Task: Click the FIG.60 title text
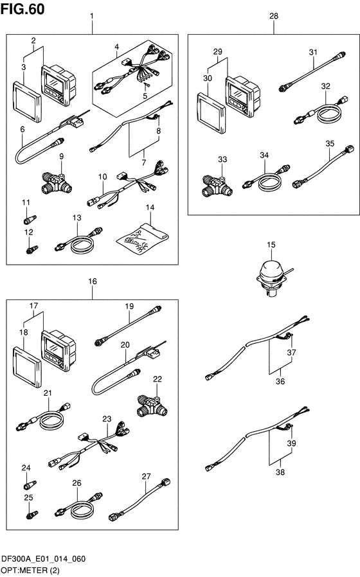(x=23, y=9)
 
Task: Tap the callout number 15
(x=271, y=245)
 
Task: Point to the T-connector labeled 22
(x=152, y=406)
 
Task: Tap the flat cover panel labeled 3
(x=27, y=102)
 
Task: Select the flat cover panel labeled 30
(x=212, y=113)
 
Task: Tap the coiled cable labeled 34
(x=265, y=179)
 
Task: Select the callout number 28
(x=274, y=16)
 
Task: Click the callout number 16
(x=93, y=281)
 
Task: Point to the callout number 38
(x=280, y=472)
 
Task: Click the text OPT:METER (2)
(x=30, y=571)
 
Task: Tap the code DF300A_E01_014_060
(x=44, y=559)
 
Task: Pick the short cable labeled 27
(x=139, y=499)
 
